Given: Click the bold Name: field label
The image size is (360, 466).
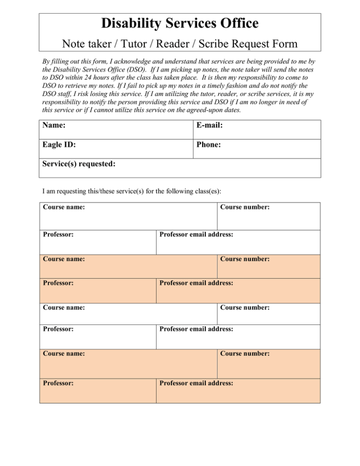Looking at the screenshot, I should point(53,126).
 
